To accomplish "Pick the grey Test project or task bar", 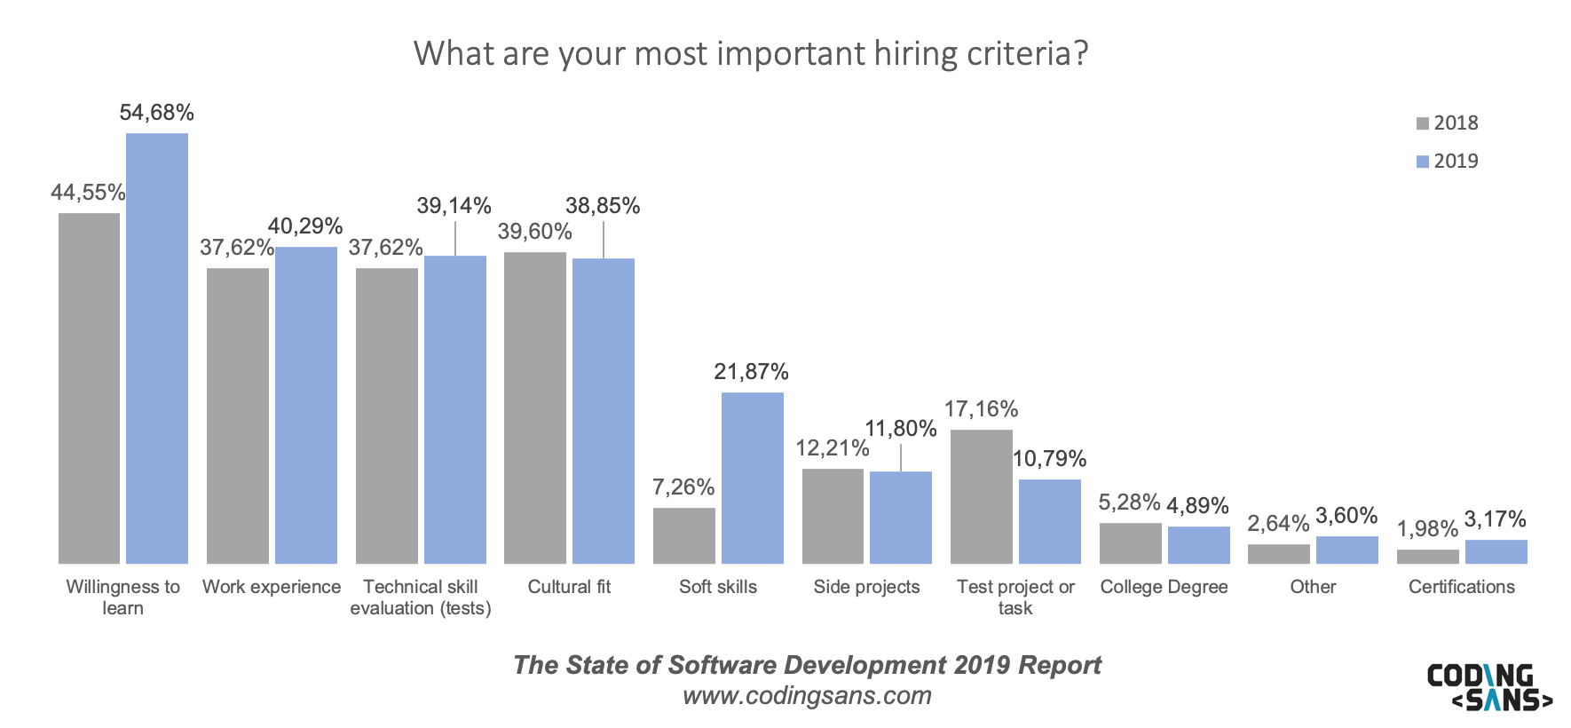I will (981, 496).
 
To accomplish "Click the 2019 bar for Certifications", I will (1496, 551).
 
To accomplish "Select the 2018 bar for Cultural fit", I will (534, 408).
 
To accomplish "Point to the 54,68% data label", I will (157, 113).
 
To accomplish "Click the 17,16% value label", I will (981, 409).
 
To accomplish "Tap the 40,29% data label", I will (305, 226).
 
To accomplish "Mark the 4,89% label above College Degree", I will (1197, 506).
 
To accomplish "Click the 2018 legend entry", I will (1448, 123).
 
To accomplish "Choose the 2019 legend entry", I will (1448, 162).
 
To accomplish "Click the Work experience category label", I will (272, 587).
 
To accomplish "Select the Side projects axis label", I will (866, 587).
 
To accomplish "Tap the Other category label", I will (1313, 587).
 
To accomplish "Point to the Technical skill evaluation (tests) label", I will (421, 597).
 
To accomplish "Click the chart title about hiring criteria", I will (751, 54).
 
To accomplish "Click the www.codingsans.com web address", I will (807, 695).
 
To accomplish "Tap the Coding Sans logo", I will (1488, 687).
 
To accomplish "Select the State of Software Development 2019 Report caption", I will (807, 665).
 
